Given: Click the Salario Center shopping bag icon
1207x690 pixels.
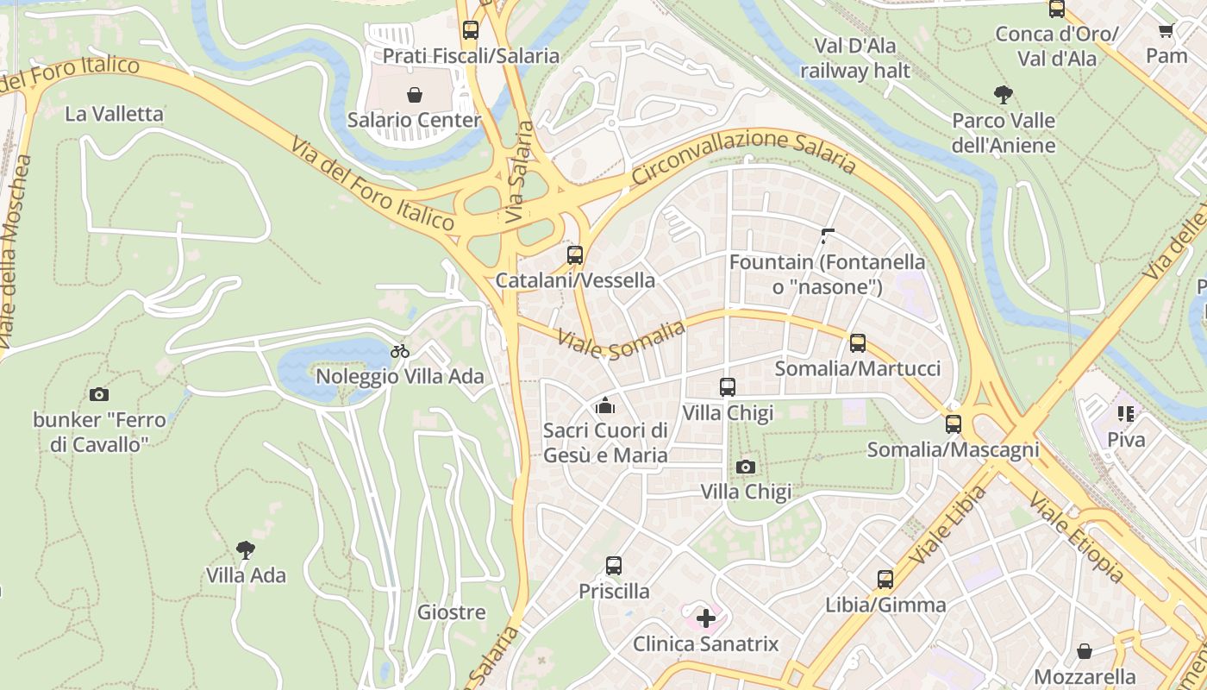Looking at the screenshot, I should click(x=414, y=94).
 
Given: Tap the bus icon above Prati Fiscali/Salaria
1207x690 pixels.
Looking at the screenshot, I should click(x=470, y=30).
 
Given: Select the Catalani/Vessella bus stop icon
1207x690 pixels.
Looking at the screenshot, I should click(x=575, y=255).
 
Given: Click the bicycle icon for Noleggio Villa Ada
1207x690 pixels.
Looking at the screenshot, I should click(x=400, y=351).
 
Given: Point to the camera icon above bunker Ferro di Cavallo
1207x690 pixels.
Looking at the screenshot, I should click(x=99, y=395).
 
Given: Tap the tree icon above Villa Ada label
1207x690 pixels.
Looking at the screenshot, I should click(x=246, y=549).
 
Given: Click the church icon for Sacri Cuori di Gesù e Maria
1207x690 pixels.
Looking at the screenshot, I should click(x=605, y=405).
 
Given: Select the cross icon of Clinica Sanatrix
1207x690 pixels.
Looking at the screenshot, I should click(x=706, y=618).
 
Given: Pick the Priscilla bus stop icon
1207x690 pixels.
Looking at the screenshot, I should click(x=614, y=566).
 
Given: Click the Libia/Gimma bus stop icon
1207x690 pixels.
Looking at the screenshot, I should click(x=885, y=579).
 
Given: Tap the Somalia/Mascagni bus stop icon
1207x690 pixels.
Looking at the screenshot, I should click(x=953, y=424).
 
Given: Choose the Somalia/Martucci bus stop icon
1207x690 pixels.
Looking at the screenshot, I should click(x=857, y=343).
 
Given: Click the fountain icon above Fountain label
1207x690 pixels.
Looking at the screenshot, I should click(x=828, y=235).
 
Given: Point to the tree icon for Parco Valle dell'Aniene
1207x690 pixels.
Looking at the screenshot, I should click(x=1003, y=95).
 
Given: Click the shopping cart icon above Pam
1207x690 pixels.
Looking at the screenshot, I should click(x=1166, y=30).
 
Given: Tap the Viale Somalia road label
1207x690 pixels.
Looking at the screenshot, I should click(x=621, y=340).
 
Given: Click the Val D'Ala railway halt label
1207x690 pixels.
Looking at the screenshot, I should click(x=854, y=58).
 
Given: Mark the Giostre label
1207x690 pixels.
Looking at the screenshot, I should click(x=451, y=612).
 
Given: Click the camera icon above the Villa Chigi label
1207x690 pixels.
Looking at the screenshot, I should click(x=746, y=467).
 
